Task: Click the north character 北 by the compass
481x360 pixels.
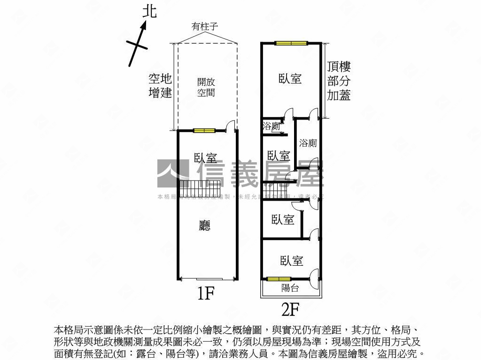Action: point(149,11)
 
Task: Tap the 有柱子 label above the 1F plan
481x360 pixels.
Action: point(206,27)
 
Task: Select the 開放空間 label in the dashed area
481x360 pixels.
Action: point(206,87)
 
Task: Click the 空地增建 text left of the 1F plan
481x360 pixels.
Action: point(160,85)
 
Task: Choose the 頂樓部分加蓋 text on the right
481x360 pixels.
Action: point(339,81)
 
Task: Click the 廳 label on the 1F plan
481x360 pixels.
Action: point(205,226)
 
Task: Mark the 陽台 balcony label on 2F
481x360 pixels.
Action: point(290,288)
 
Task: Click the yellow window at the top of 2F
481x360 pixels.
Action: point(291,43)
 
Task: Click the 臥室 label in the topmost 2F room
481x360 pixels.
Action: point(290,79)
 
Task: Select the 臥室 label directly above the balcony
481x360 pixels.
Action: point(291,261)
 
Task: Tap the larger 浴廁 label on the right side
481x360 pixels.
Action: point(308,143)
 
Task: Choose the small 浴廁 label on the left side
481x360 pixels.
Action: point(272,126)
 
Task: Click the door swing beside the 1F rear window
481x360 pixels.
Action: point(230,125)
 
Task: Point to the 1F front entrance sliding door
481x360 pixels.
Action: point(207,279)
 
